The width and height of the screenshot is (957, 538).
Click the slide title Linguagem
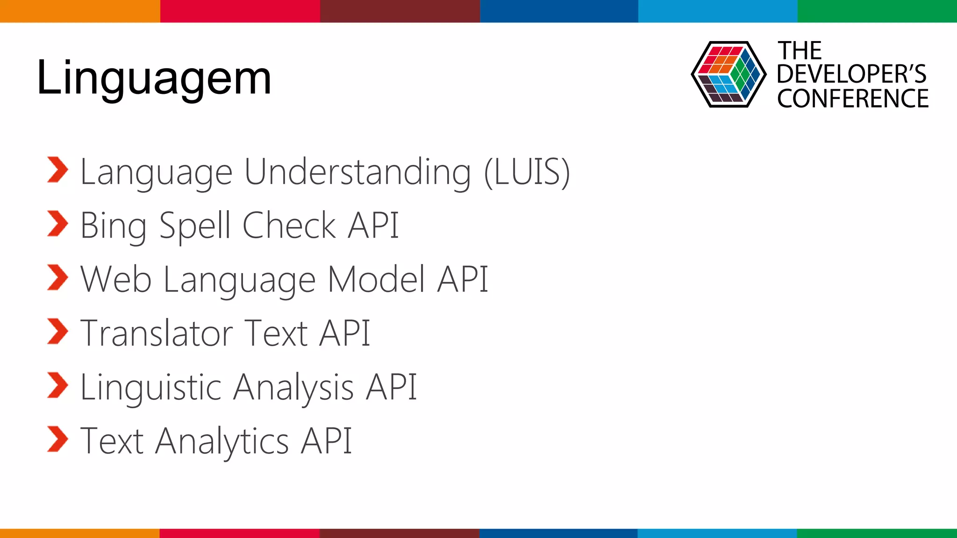(x=154, y=78)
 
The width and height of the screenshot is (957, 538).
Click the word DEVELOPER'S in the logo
(x=851, y=74)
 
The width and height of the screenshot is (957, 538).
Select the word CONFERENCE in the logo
(x=853, y=99)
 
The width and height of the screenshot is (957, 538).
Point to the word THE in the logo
(x=800, y=50)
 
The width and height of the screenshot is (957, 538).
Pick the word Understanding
(x=357, y=173)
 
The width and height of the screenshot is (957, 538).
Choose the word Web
(x=116, y=279)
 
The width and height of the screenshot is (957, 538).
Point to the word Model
(x=376, y=279)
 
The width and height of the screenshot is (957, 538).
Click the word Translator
(x=157, y=333)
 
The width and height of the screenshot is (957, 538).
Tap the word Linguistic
(x=151, y=388)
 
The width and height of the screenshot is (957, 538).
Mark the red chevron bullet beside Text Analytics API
(x=57, y=439)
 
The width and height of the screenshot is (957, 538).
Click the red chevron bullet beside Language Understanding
(x=57, y=170)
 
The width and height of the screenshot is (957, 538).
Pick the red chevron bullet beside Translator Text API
(x=57, y=332)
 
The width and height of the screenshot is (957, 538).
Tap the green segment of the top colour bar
(x=877, y=11)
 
